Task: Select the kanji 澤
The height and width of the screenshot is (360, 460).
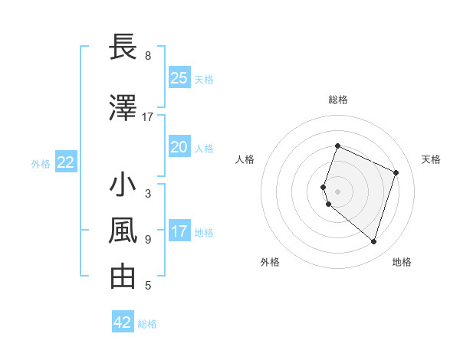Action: click(x=123, y=107)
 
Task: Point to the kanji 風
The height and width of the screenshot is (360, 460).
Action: click(x=123, y=230)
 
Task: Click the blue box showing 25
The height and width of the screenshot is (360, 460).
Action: click(x=179, y=78)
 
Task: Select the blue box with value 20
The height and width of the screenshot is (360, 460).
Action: click(x=179, y=147)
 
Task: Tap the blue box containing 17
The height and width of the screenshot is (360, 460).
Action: click(x=179, y=231)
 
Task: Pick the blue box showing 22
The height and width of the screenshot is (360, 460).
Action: click(x=66, y=162)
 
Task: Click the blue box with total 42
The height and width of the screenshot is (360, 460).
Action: click(x=123, y=322)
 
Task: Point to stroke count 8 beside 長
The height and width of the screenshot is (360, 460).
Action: click(x=148, y=56)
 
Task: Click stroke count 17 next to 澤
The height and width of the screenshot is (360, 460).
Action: click(x=148, y=117)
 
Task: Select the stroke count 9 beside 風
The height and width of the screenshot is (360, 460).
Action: click(x=148, y=240)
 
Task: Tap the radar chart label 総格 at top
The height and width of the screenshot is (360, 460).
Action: click(x=338, y=100)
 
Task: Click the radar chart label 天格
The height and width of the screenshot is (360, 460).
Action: click(x=432, y=159)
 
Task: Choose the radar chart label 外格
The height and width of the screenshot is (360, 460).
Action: click(x=270, y=262)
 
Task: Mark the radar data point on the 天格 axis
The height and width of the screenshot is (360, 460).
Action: click(x=396, y=172)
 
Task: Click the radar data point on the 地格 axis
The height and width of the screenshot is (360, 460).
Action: click(x=373, y=241)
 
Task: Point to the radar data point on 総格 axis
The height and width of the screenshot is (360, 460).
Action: click(x=337, y=146)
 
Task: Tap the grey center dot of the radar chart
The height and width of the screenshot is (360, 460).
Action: click(x=337, y=191)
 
